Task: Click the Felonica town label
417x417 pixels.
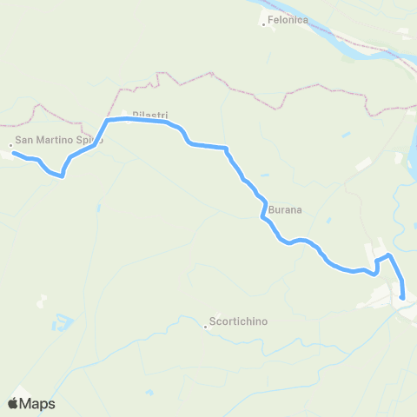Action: click(288, 20)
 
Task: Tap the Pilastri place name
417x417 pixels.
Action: click(149, 115)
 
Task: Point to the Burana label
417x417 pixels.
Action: click(285, 209)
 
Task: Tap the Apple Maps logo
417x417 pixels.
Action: click(31, 403)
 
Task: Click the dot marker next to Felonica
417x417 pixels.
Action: click(264, 24)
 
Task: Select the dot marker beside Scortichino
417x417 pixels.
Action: click(206, 327)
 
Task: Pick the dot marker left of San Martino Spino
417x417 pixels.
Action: click(10, 145)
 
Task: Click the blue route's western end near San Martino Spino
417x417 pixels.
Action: click(13, 154)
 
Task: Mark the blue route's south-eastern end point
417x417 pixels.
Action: click(403, 298)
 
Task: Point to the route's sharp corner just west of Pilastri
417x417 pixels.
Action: click(108, 120)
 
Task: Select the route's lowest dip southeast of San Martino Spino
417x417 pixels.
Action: click(61, 175)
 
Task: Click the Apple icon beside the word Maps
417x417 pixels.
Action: click(13, 403)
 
